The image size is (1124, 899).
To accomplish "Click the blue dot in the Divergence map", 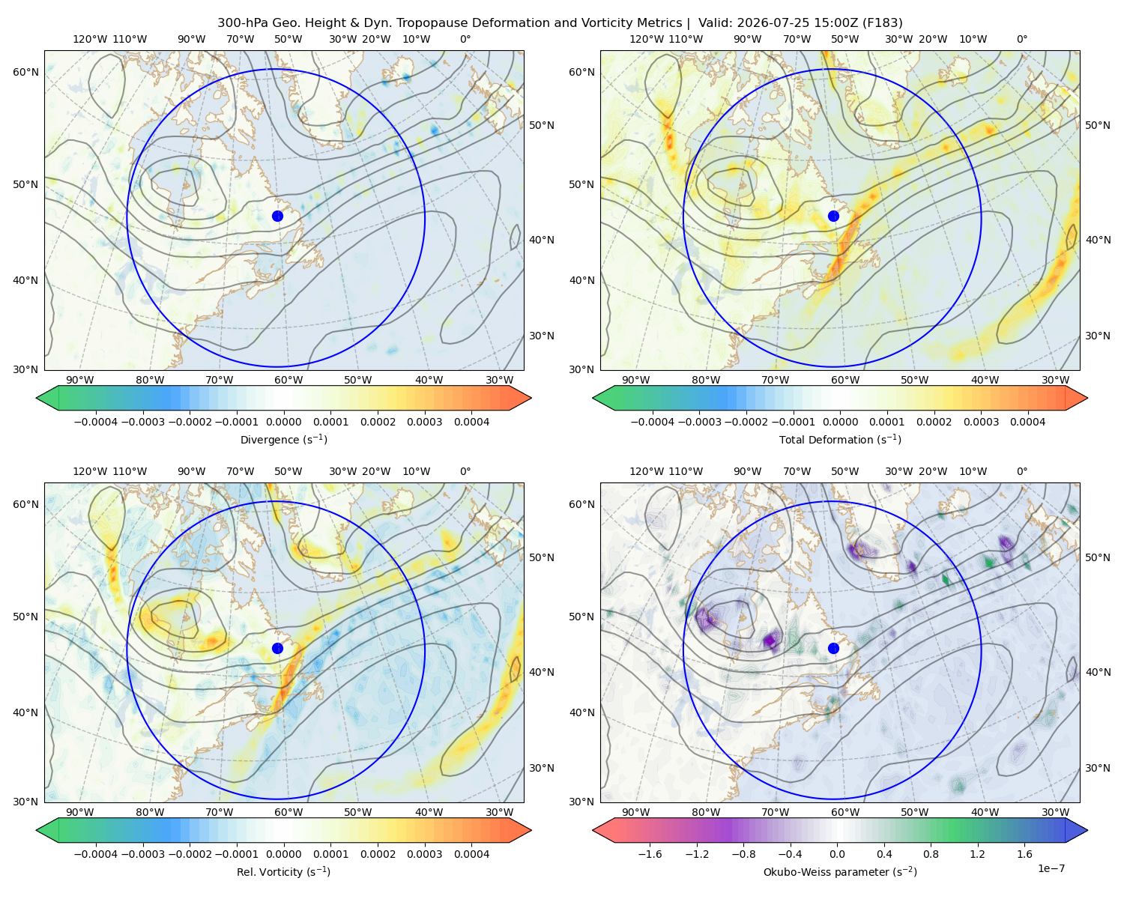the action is pyautogui.click(x=277, y=216).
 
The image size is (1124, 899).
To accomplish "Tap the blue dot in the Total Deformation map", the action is pyautogui.click(x=833, y=216).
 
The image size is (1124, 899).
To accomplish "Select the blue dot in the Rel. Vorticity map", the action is pyautogui.click(x=277, y=648).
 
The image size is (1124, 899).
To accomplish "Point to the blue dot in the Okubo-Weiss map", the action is pyautogui.click(x=833, y=648).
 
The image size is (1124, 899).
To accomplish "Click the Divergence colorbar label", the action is pyautogui.click(x=283, y=439).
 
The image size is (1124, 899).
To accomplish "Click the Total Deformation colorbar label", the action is pyautogui.click(x=840, y=439).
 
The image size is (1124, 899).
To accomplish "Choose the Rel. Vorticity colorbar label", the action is pyautogui.click(x=283, y=872).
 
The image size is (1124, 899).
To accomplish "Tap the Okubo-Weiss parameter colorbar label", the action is pyautogui.click(x=840, y=872).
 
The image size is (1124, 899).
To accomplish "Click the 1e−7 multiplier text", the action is pyautogui.click(x=1051, y=868).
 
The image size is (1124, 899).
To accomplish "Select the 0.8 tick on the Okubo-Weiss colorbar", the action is pyautogui.click(x=931, y=854).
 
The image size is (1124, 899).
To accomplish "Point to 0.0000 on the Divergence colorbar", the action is pyautogui.click(x=283, y=422).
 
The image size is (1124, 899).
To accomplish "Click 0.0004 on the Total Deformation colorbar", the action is pyautogui.click(x=1027, y=422).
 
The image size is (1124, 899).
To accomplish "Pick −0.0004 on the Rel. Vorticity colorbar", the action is pyautogui.click(x=96, y=854).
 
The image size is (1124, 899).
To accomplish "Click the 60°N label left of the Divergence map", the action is pyautogui.click(x=25, y=72).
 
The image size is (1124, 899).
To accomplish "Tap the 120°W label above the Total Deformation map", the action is pyautogui.click(x=647, y=39).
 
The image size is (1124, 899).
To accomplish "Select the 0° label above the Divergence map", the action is pyautogui.click(x=465, y=39).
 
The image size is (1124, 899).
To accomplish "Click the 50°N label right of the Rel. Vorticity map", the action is pyautogui.click(x=542, y=557).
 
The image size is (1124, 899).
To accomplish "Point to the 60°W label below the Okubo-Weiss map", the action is pyautogui.click(x=844, y=812).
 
